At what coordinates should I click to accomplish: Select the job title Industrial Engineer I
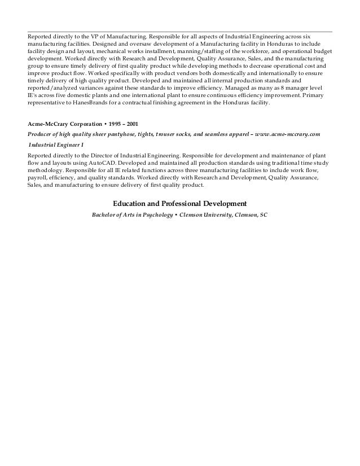pyautogui.click(x=55, y=144)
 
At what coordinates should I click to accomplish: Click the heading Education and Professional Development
pyautogui.click(x=180, y=203)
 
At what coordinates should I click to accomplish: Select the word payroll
pyautogui.click(x=37, y=177)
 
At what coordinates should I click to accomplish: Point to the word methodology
pyautogui.click(x=46, y=170)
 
